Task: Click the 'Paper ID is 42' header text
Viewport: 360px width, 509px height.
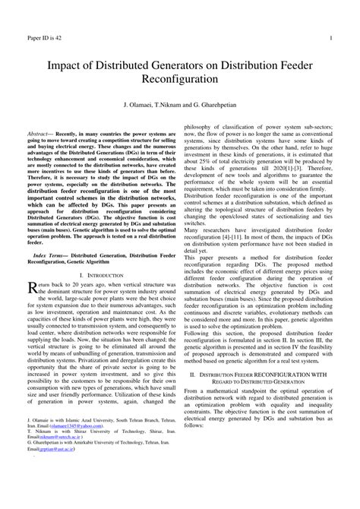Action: point(44,37)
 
